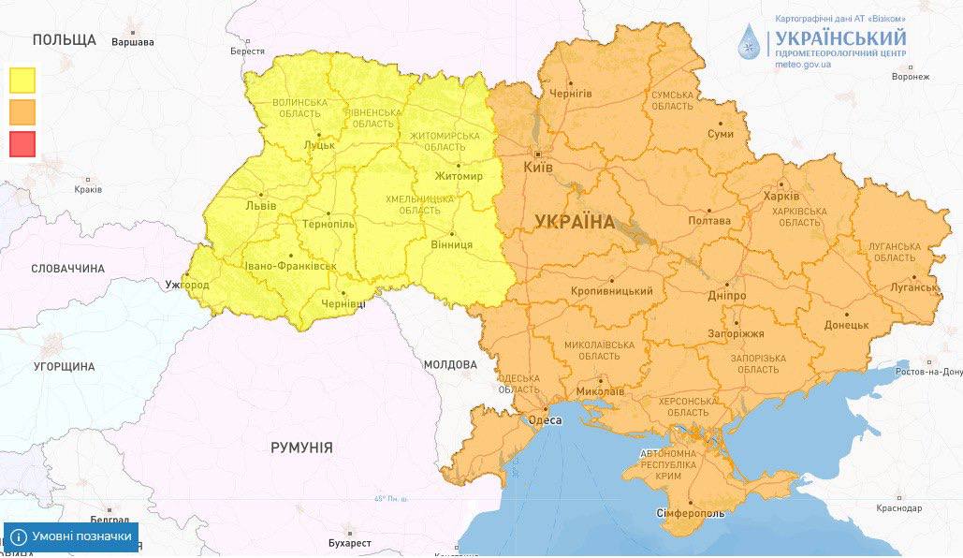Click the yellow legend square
click(x=22, y=80)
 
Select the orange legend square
click(x=22, y=111)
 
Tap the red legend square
click(x=22, y=143)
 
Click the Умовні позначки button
click(x=71, y=536)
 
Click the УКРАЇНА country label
click(x=575, y=222)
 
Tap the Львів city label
click(x=259, y=204)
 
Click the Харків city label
click(x=781, y=197)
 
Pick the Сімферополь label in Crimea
click(x=690, y=514)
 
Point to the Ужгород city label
click(x=186, y=285)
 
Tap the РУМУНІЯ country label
click(x=301, y=448)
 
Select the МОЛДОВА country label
click(x=451, y=364)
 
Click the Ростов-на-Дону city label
click(x=927, y=372)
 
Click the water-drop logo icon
click(x=750, y=42)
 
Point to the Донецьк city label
click(x=846, y=325)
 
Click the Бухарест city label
click(x=350, y=543)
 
